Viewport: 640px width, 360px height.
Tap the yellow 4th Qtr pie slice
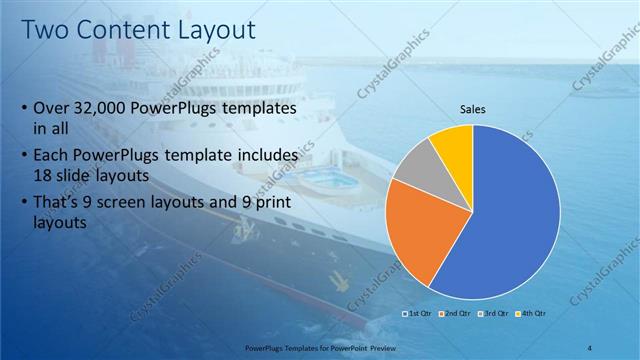453,145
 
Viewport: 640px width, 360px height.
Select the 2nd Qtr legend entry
455,313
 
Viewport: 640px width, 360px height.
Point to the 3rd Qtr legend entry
493,313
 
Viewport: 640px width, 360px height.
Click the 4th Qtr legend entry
530,313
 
